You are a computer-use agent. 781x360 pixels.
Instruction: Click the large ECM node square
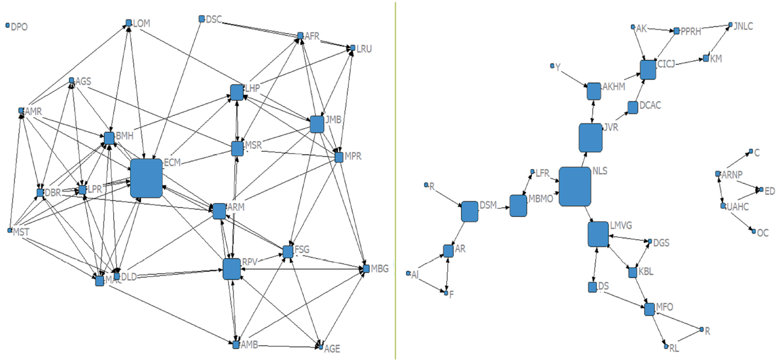coord(146,178)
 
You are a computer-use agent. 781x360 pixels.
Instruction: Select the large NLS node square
coord(575,186)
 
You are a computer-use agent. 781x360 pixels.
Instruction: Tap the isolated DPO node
coord(7,26)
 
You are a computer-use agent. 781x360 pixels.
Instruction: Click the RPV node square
coord(231,269)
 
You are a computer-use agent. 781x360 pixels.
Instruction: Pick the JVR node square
coord(590,137)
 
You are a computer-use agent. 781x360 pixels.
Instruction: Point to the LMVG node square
coord(598,234)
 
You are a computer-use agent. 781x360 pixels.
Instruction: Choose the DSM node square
coord(470,212)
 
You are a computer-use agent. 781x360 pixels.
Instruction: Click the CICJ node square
coord(648,70)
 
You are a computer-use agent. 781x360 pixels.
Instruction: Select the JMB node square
coord(316,124)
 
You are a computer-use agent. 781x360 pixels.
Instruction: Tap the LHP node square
coord(237,92)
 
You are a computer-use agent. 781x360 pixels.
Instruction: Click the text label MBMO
coord(541,200)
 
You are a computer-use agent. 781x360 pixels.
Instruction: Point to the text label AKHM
coord(614,87)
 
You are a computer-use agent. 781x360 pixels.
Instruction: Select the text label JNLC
coord(743,26)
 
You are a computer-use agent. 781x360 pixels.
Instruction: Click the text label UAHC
coord(738,206)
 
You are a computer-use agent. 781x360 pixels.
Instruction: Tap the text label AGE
coord(332,348)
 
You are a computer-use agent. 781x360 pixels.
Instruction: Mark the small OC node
coord(752,231)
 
